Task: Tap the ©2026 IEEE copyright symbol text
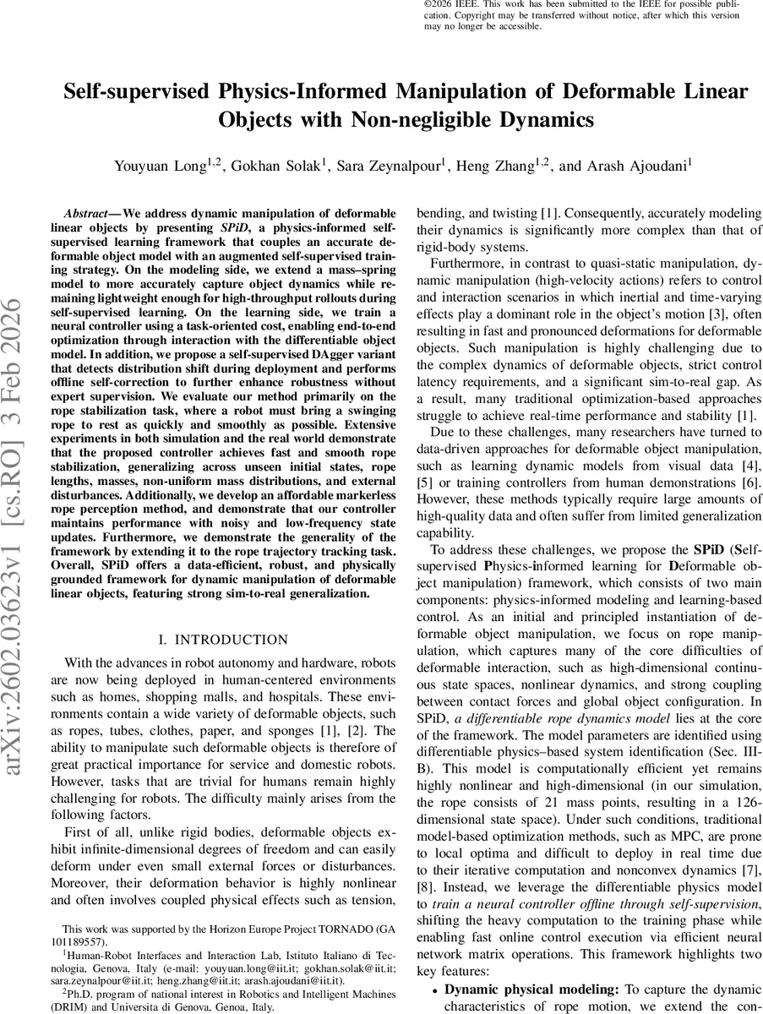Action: [448, 4]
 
